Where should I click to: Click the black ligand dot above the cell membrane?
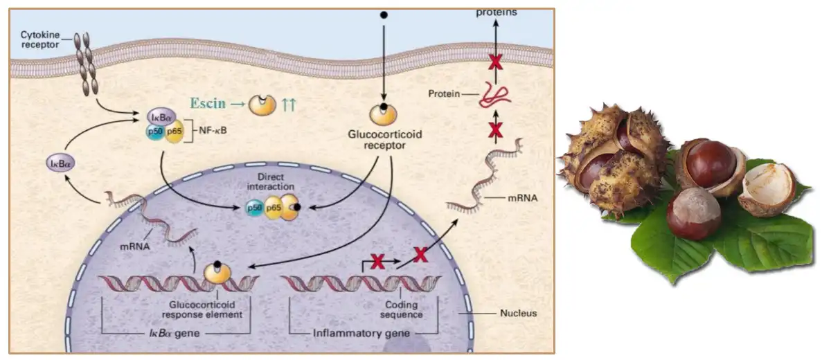pyautogui.click(x=383, y=14)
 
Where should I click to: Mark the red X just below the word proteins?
pyautogui.click(x=495, y=62)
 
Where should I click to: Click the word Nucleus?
pyautogui.click(x=518, y=313)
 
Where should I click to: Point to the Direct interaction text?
pyautogui.click(x=275, y=182)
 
